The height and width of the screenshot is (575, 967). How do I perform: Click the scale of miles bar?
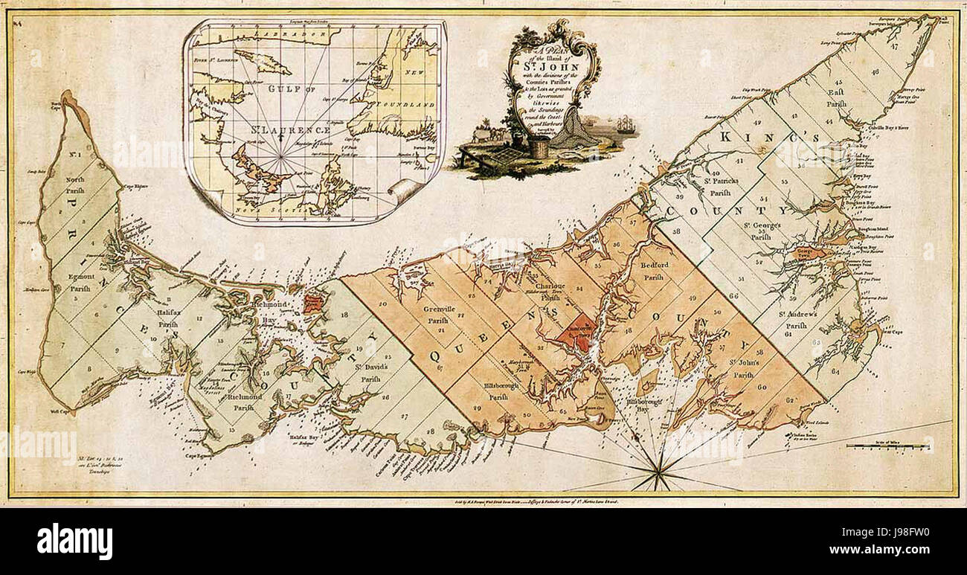coord(888,446)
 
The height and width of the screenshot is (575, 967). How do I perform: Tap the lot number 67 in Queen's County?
coord(440,368)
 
